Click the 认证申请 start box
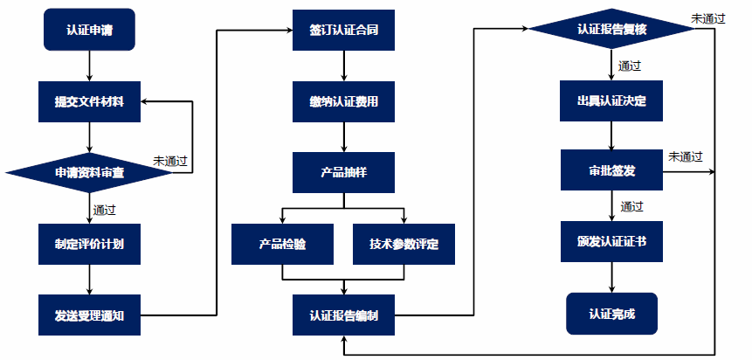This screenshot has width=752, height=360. [x=89, y=30]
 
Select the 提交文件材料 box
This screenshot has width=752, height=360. [x=89, y=101]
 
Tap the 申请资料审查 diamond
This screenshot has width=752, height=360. [x=89, y=172]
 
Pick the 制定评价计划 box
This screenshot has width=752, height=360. [x=89, y=244]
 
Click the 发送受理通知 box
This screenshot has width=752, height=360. [x=89, y=315]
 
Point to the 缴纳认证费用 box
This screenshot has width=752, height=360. [x=343, y=101]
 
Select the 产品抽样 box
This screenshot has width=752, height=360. [x=343, y=172]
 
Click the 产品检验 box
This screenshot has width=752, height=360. [x=282, y=244]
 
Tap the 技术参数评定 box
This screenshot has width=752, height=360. [x=405, y=244]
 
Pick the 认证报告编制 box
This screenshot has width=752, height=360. [x=343, y=315]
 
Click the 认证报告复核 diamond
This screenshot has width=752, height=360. [x=611, y=30]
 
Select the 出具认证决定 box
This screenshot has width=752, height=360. [x=611, y=101]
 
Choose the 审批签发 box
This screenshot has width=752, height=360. [x=611, y=170]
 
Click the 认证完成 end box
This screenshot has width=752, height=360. [x=611, y=313]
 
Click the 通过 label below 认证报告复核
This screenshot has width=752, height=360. [x=630, y=66]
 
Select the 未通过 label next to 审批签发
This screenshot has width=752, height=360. [x=686, y=157]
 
